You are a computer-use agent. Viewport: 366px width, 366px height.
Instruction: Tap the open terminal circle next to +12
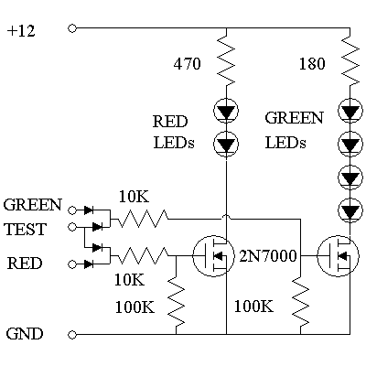pyautogui.click(x=71, y=29)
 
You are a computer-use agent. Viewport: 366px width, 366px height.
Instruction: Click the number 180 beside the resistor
pyautogui.click(x=313, y=65)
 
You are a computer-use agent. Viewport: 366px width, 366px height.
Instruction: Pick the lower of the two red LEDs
pyautogui.click(x=225, y=143)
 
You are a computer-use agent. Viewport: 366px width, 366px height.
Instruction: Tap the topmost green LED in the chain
pyautogui.click(x=349, y=113)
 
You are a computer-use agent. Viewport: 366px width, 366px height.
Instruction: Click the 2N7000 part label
pyautogui.click(x=269, y=257)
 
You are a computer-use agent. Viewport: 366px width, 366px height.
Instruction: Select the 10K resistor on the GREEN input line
pyautogui.click(x=142, y=218)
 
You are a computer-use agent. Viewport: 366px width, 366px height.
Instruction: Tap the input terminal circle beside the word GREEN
pyautogui.click(x=71, y=210)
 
